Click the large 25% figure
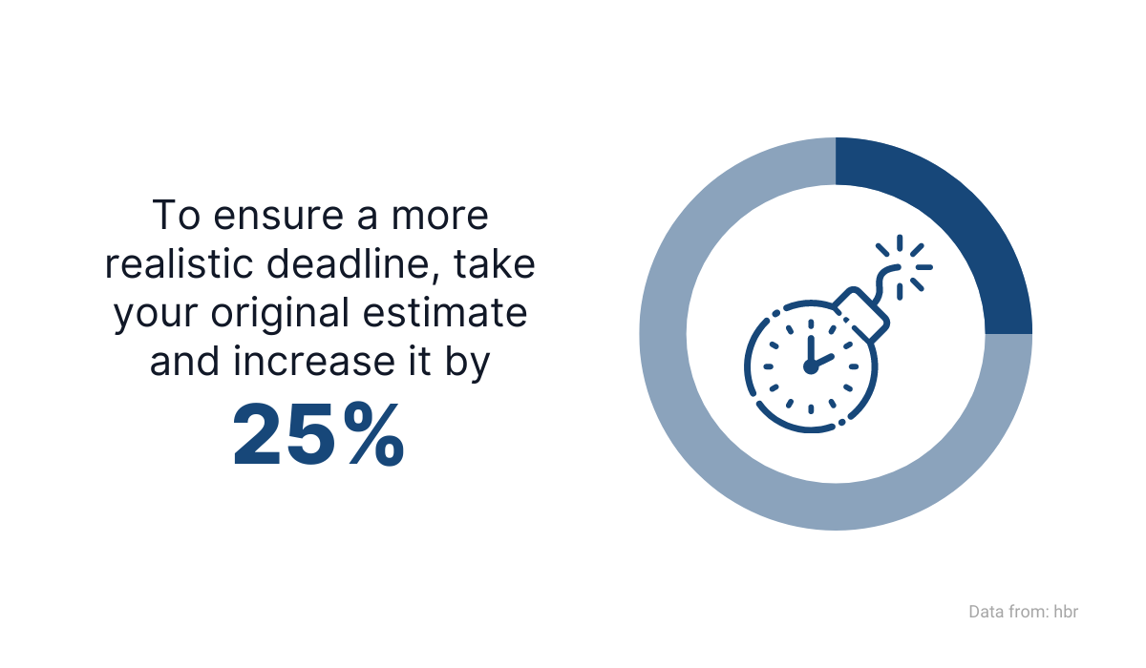coord(318,434)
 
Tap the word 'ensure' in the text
coord(278,215)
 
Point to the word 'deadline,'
coord(353,264)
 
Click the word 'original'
coord(281,314)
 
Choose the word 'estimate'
coord(445,313)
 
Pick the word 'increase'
coord(314,362)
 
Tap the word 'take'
coord(495,264)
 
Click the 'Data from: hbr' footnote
coord(1023,612)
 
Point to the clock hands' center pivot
coord(811,367)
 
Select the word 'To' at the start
coord(176,215)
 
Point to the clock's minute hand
coord(811,351)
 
